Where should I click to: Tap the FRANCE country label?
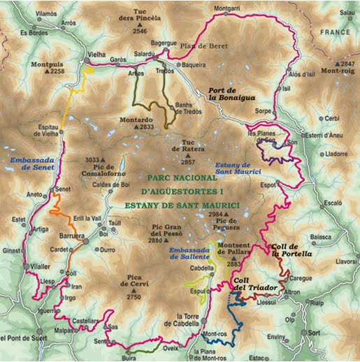[336, 33]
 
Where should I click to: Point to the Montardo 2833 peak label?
[136, 123]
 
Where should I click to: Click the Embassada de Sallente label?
[191, 253]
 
